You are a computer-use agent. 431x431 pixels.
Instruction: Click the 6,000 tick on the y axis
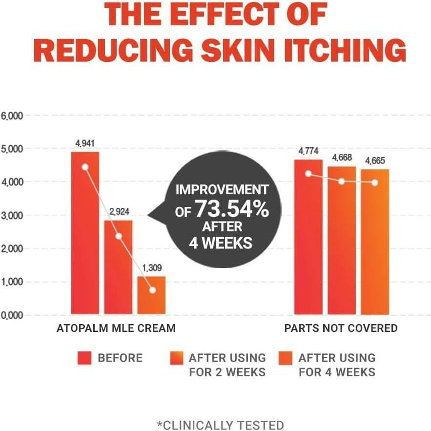pos(11,116)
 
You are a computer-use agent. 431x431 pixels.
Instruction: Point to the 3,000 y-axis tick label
pos(11,215)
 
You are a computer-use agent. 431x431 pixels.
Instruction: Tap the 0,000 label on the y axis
pos(11,315)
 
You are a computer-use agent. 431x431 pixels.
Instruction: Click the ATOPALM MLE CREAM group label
pos(116,328)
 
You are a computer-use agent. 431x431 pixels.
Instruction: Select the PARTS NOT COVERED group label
pos(341,328)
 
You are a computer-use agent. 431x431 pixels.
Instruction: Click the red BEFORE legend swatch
pos(84,358)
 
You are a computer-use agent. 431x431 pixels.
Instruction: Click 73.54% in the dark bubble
pos(232,209)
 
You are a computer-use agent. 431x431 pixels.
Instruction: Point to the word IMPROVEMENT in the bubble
pos(222,189)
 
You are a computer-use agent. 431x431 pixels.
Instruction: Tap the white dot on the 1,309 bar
pos(153,290)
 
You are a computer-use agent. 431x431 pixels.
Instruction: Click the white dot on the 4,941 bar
pos(85,167)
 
